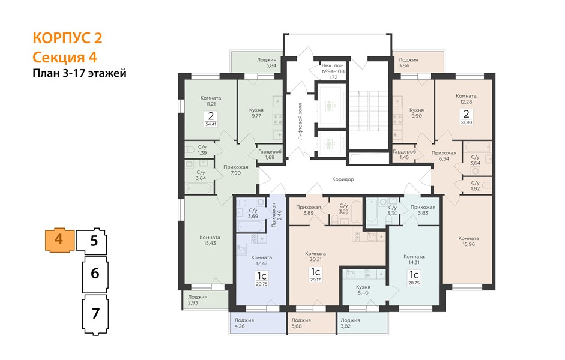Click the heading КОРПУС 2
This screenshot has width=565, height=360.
(x=67, y=38)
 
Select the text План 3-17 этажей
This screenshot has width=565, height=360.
(x=79, y=73)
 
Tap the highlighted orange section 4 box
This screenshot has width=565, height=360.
(x=59, y=240)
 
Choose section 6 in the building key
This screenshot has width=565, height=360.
(x=95, y=273)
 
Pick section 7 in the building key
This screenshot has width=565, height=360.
(x=95, y=313)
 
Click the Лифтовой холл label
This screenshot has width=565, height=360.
(x=300, y=121)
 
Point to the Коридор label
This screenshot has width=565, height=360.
(x=343, y=179)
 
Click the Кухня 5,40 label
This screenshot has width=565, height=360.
(x=363, y=290)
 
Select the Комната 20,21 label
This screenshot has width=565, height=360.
(x=315, y=256)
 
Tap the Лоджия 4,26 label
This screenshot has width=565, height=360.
(x=244, y=323)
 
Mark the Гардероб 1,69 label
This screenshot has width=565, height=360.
(x=270, y=154)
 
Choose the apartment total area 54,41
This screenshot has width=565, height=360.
(x=211, y=125)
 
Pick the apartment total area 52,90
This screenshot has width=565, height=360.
(x=467, y=122)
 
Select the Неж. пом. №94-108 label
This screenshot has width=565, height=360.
(x=333, y=68)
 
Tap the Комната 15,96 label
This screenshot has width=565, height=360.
(x=468, y=241)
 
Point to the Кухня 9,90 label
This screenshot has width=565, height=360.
(x=417, y=113)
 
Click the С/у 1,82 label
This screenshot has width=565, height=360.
(x=476, y=186)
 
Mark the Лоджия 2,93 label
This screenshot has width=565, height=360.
(x=198, y=300)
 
